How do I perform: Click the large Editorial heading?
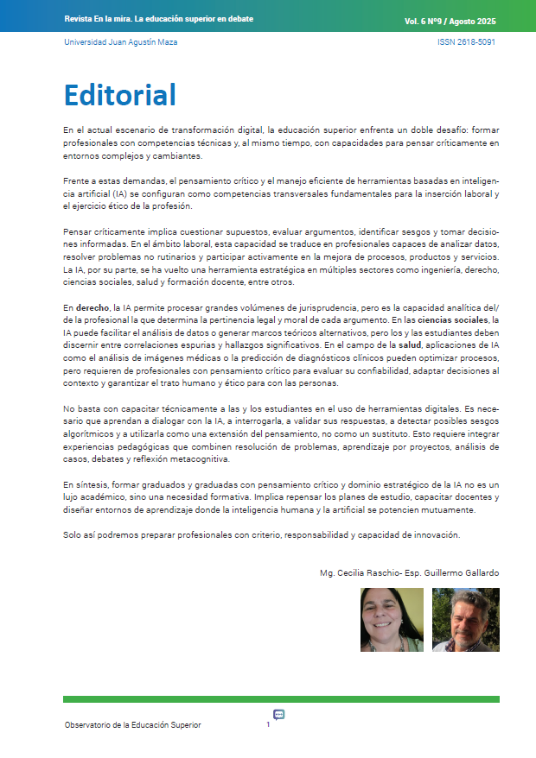coord(120,94)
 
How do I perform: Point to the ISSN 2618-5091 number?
coord(466,41)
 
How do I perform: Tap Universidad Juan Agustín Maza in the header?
coord(120,41)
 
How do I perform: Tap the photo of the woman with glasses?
coord(392,619)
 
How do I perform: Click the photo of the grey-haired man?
coord(465,619)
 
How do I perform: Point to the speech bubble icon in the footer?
coord(279,714)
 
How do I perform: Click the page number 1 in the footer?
coord(268,725)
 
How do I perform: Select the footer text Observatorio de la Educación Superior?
coord(132,725)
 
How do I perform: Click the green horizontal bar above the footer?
coord(281,698)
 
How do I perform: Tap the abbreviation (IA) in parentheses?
coord(117,195)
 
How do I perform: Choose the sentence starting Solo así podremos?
coord(262,535)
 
